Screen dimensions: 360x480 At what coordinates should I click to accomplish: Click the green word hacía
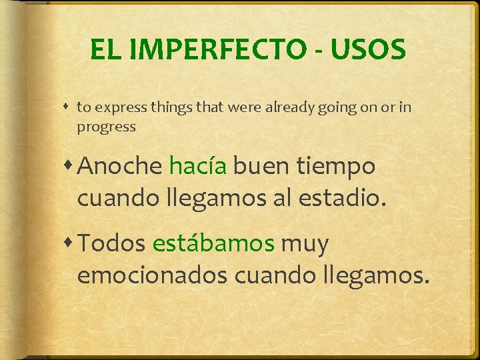point(198,166)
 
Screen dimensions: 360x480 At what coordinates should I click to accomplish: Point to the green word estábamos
point(213,244)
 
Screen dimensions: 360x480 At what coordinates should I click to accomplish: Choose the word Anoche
point(120,166)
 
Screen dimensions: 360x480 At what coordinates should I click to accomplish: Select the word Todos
point(111,244)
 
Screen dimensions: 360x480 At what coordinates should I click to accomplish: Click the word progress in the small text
point(106,127)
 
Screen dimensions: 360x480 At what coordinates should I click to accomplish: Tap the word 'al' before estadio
point(285,197)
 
